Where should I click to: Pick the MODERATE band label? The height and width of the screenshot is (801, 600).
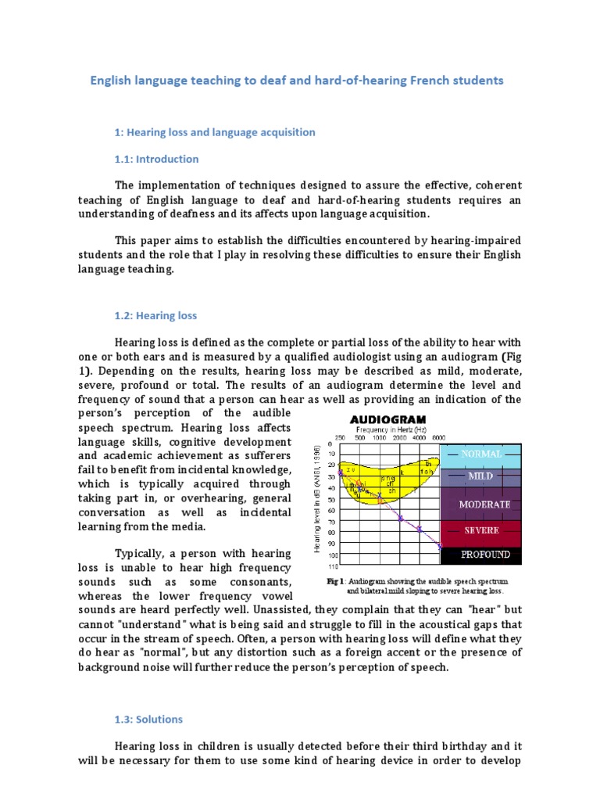pos(485,505)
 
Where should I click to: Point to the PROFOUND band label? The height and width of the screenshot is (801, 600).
pos(485,555)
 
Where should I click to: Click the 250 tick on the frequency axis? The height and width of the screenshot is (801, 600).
pos(340,437)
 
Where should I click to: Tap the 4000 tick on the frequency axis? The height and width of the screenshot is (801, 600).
pos(420,437)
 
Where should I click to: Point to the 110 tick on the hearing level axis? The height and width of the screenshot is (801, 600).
pos(332,565)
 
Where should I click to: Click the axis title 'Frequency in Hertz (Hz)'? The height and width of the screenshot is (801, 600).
pos(391,429)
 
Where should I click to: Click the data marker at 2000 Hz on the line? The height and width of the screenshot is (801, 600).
pos(401,518)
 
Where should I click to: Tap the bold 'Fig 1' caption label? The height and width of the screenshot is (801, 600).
pos(336,582)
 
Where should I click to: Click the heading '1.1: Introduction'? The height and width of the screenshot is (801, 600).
pos(157,159)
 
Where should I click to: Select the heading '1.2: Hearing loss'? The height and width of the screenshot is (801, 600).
pos(156,316)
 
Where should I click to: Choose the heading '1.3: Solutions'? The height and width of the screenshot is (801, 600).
pos(149,719)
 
